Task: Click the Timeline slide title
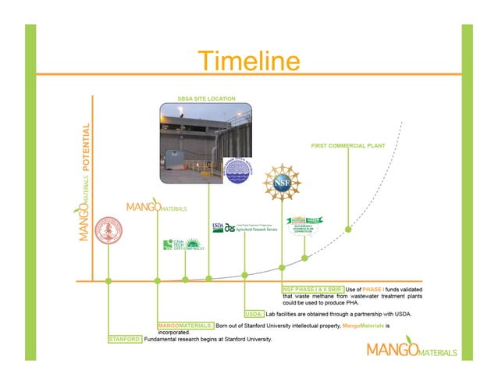248,61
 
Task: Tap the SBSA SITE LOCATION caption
206,98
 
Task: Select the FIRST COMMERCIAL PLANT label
347,146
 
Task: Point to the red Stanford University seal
108,233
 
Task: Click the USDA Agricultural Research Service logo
244,227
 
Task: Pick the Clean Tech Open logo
183,244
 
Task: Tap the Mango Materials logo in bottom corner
411,349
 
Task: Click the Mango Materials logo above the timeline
157,208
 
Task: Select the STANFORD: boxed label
125,340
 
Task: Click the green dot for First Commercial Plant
348,230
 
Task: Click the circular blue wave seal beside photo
237,171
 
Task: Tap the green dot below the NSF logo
282,268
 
